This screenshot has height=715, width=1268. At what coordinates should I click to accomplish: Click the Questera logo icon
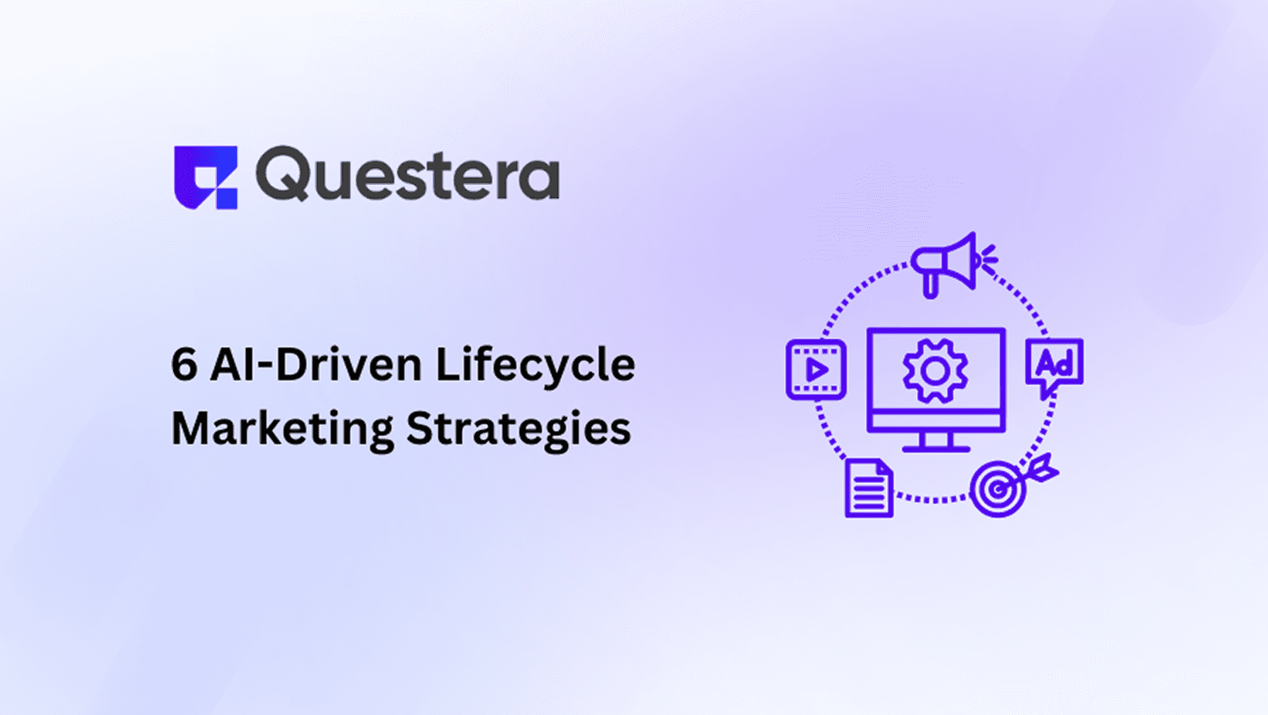click(205, 177)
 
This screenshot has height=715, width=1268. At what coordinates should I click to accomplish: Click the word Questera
click(408, 174)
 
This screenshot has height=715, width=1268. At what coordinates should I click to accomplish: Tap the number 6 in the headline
click(184, 365)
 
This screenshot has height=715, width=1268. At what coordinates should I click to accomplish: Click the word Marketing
click(282, 430)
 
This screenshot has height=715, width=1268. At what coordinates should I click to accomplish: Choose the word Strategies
click(518, 430)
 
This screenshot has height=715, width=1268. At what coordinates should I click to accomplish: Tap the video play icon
click(816, 370)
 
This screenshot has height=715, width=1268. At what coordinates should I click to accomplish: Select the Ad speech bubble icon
click(1054, 367)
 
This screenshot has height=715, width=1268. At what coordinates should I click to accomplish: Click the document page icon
click(868, 489)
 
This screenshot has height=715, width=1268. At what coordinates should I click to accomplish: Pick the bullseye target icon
click(998, 489)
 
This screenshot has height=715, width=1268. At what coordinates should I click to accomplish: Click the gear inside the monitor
click(935, 371)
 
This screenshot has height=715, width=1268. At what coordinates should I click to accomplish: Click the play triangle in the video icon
click(817, 370)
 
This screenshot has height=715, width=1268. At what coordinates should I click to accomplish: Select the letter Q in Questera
click(282, 174)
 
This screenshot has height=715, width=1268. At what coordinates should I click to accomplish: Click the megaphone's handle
click(930, 285)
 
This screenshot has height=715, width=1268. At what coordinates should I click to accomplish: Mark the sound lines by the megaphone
click(990, 259)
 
